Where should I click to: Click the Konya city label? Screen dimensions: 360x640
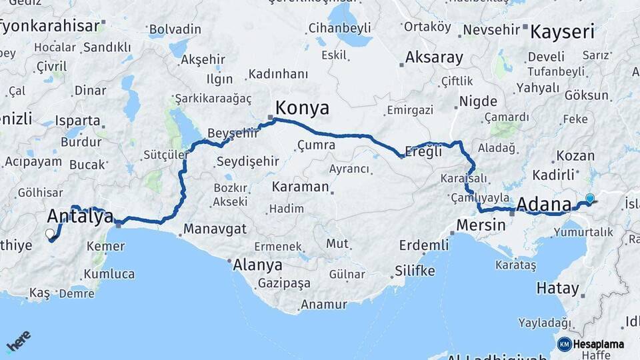point(302,108)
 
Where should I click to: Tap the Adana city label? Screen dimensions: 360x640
point(544,204)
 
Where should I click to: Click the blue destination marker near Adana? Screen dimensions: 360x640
point(589,198)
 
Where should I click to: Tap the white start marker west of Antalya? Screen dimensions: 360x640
point(49,233)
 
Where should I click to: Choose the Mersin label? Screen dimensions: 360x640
point(481,225)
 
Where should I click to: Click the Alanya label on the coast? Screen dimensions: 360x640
point(258,265)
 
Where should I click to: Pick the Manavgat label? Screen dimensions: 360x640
point(215,229)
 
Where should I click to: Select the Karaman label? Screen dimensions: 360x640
point(300,186)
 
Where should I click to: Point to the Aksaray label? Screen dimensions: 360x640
point(434,57)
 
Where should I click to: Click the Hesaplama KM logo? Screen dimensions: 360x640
point(590,344)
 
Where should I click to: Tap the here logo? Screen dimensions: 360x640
point(18,342)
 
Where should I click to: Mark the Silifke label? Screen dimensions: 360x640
point(415,271)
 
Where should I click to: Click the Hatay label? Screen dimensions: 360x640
point(557,289)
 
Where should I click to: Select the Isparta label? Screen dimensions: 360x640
point(79,121)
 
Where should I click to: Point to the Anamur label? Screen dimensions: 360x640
point(324,305)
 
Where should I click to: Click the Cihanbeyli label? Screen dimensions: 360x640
point(340,29)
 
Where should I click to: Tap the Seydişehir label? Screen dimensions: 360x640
point(248,161)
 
